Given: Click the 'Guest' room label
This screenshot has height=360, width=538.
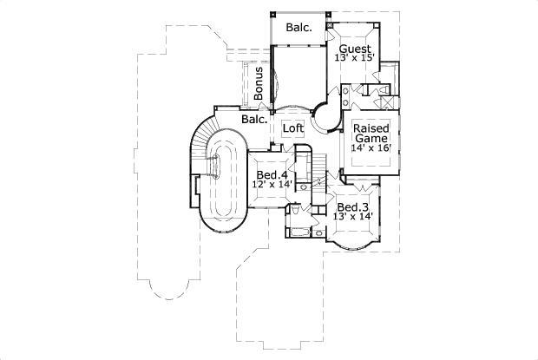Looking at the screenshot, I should pyautogui.click(x=355, y=49).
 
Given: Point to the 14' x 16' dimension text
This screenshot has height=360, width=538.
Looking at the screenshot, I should pyautogui.click(x=371, y=148).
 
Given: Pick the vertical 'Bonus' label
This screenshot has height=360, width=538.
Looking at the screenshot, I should pyautogui.click(x=258, y=83).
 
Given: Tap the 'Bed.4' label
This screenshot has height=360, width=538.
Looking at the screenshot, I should pyautogui.click(x=271, y=175).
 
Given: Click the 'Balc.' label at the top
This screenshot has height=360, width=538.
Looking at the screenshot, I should pyautogui.click(x=299, y=27).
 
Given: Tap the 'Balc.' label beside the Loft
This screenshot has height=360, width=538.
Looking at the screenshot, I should pyautogui.click(x=253, y=119).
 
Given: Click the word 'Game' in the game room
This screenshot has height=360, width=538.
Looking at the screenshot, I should pyautogui.click(x=371, y=137).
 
